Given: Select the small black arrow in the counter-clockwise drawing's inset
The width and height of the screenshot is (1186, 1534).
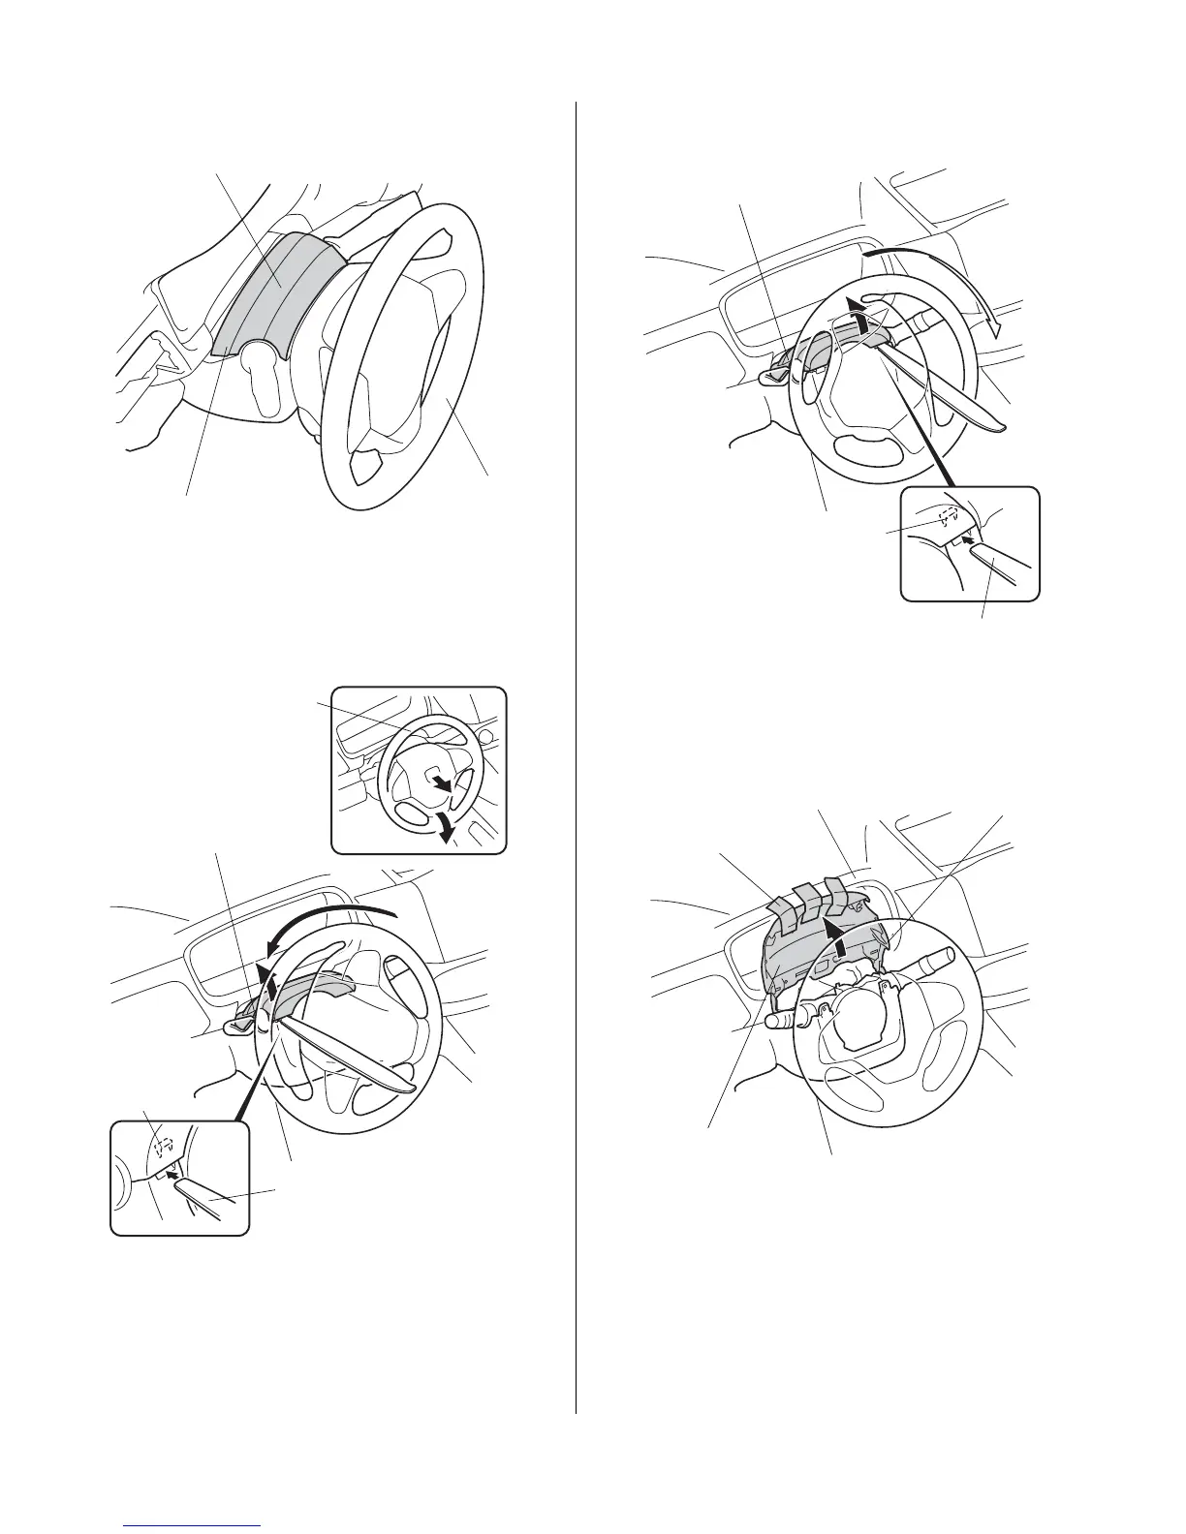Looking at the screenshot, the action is [172, 1175].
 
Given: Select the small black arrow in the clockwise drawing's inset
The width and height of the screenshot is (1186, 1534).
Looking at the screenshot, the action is [965, 541].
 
